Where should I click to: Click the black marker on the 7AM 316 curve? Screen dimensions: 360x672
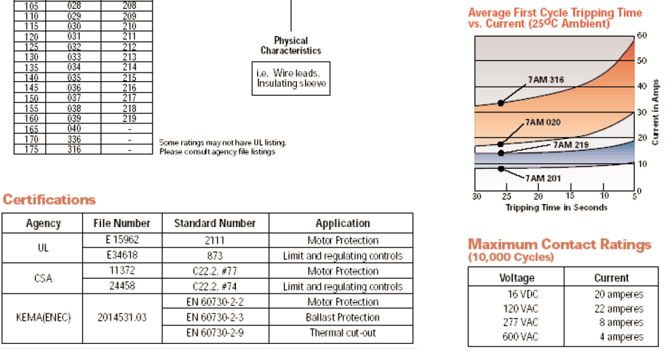coord(500,103)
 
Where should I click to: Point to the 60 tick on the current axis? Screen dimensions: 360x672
coord(641,35)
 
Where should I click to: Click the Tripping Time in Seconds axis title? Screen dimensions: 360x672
coord(556,207)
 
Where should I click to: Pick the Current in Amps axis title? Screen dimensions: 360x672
coord(655,112)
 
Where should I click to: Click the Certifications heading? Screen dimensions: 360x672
coord(50,200)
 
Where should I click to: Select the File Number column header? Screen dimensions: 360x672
coord(121,223)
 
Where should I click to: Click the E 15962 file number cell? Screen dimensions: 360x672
coord(121,240)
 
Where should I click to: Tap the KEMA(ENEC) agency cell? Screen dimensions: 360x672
coord(43,317)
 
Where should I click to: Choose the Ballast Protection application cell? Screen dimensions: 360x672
coord(343,317)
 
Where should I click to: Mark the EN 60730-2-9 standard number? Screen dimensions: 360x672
coord(215,333)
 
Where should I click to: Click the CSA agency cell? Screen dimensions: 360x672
coord(43,279)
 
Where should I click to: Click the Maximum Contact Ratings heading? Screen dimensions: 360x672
coord(559,244)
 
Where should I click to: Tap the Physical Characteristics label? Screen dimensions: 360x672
coord(291,45)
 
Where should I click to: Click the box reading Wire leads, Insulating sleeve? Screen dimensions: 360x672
coord(292,79)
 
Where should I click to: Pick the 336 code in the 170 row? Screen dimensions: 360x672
coord(74,139)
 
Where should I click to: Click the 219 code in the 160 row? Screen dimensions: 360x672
coord(129,119)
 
